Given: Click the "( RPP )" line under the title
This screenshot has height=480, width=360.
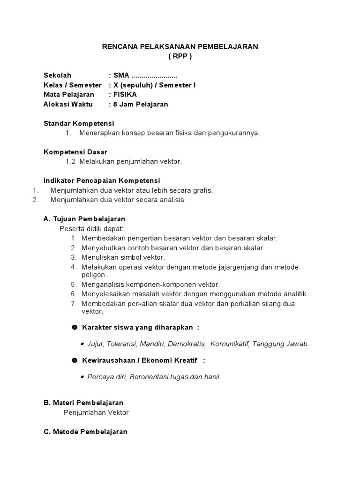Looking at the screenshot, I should [x=180, y=56].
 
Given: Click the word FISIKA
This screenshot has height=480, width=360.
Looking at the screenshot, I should [x=125, y=95].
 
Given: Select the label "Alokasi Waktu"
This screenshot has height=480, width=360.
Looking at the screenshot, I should [x=68, y=104].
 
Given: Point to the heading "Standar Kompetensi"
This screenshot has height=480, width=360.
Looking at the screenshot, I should [x=79, y=123].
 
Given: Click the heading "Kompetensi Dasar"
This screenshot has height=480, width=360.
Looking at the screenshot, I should [x=75, y=152].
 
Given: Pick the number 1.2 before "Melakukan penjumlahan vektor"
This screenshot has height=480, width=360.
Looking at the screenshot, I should [x=71, y=162].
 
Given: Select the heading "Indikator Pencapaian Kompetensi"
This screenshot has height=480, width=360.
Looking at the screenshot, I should [x=102, y=180].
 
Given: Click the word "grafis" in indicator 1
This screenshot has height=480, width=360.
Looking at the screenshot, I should [x=202, y=190].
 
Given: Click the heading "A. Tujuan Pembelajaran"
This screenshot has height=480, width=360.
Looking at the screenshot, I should [x=84, y=219].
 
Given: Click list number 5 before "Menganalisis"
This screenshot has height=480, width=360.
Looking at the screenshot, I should [x=74, y=285].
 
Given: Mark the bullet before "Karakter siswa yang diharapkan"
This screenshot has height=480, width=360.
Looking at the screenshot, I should [x=74, y=327].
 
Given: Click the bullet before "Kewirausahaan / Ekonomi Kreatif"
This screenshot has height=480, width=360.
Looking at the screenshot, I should [x=74, y=360].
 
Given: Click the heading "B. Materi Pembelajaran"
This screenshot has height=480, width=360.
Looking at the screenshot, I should [x=83, y=403].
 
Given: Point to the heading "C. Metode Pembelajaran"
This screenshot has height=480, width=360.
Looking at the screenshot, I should [x=85, y=432].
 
